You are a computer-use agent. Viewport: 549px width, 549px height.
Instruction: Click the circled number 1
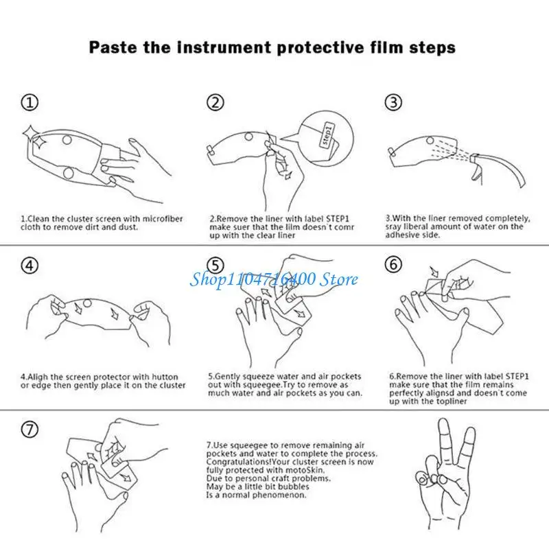pos(30,103)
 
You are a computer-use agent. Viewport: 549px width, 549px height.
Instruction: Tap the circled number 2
pos(215,103)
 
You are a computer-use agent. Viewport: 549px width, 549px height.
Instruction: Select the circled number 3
pos(393,102)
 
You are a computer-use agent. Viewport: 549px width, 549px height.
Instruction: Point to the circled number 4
pos(30,265)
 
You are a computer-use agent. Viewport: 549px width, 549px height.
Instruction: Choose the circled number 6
pos(393,264)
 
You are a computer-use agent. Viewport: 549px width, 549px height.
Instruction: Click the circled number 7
pos(30,430)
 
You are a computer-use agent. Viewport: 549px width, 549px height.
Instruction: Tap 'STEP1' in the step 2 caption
pos(338,219)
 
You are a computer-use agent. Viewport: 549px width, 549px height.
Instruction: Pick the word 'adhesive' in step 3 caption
pos(400,235)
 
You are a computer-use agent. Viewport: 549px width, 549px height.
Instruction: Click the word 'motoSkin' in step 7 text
pos(308,470)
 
